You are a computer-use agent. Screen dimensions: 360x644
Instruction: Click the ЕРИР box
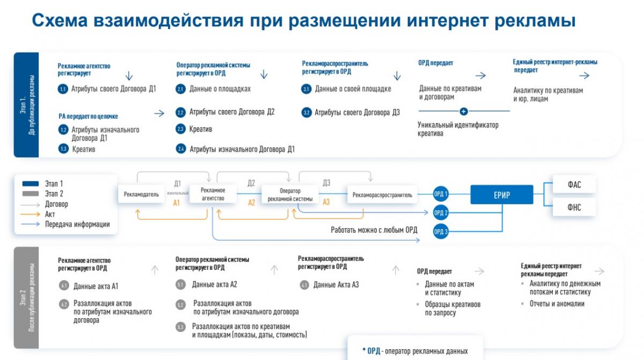502,195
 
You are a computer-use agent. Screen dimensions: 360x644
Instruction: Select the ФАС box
574,185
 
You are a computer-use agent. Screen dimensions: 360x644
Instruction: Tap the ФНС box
574,207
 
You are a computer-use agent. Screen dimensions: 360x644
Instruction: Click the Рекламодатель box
141,195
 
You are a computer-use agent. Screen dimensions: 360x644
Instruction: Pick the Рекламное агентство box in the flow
213,194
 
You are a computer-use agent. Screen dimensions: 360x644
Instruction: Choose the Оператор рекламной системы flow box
290,195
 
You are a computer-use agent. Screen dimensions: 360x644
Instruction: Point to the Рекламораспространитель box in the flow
383,195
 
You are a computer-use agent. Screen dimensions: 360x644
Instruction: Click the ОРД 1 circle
441,194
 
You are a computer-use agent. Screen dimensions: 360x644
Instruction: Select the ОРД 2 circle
441,212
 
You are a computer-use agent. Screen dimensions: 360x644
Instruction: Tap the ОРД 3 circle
441,231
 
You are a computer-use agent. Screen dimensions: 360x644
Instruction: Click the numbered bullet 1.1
63,89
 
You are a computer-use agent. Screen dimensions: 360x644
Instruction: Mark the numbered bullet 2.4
181,149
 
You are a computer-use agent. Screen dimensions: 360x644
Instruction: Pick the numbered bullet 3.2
306,113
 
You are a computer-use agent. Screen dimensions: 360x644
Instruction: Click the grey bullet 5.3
180,327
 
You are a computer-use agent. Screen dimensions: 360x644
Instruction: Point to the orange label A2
251,203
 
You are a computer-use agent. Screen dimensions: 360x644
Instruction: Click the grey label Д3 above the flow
326,183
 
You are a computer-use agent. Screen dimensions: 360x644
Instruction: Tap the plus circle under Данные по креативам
464,111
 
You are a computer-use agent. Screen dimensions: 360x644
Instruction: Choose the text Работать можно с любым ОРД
374,230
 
